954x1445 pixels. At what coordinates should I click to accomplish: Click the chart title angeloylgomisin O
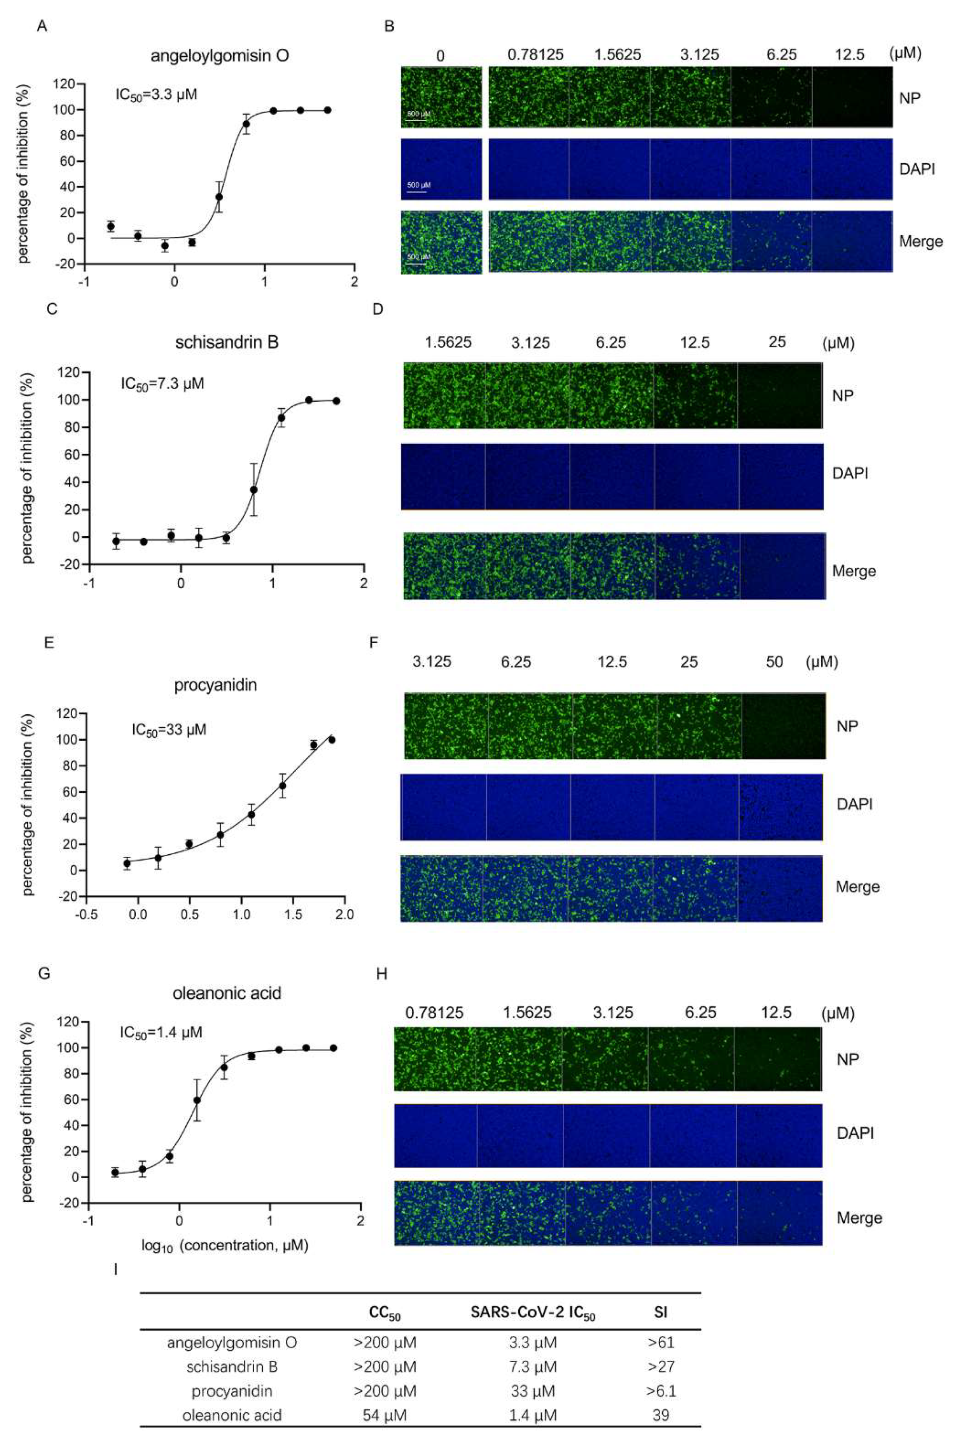tap(220, 56)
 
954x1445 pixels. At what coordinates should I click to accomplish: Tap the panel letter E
tap(49, 642)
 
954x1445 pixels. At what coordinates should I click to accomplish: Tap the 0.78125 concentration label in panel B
tap(535, 55)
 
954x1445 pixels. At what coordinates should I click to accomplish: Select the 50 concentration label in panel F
tap(774, 662)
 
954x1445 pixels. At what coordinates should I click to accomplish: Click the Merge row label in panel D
tap(854, 571)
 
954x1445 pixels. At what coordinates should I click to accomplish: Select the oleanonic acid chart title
tap(227, 994)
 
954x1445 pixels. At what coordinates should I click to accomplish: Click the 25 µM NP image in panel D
tap(780, 396)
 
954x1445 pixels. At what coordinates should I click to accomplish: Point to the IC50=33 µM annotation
tap(169, 729)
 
